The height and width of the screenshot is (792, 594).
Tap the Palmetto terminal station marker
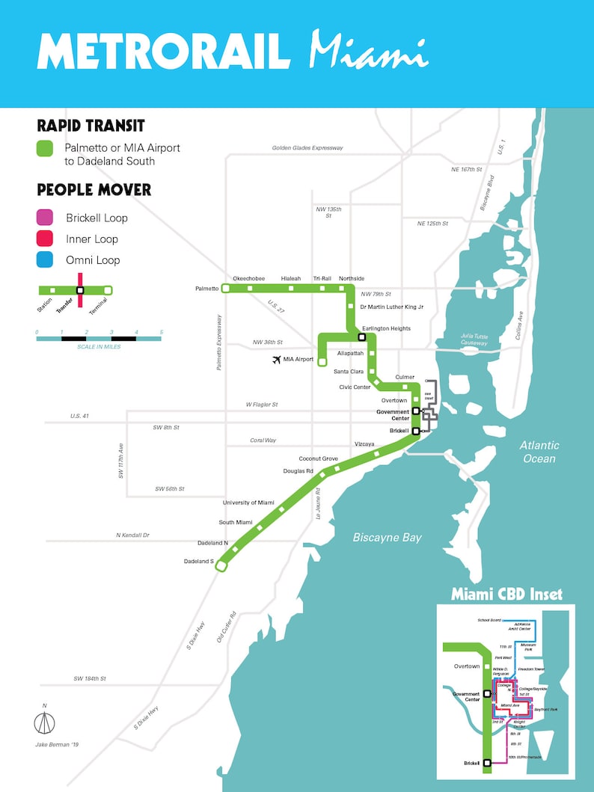[x=224, y=288]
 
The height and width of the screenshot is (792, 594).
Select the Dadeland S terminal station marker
[x=221, y=567]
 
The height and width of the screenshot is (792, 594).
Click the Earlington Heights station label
[x=386, y=328]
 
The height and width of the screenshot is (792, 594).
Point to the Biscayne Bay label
[x=387, y=537]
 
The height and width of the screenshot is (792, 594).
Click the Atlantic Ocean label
[x=539, y=452]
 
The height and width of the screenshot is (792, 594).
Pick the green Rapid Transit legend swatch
[x=46, y=149]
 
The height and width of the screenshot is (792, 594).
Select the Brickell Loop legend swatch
[x=46, y=218]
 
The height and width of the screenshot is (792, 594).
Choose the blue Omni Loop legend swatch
[x=46, y=260]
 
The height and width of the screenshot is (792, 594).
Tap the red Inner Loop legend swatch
[x=46, y=239]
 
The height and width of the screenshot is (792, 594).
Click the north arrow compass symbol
[x=44, y=722]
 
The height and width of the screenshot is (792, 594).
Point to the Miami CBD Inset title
[x=506, y=595]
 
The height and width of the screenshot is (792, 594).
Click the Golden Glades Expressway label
[x=307, y=148]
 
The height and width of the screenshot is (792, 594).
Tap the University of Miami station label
[x=248, y=503]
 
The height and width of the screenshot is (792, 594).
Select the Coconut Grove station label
[x=319, y=458]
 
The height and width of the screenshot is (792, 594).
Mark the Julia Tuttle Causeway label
[x=474, y=340]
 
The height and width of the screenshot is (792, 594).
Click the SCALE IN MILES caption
[x=98, y=347]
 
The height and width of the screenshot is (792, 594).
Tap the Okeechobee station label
[x=248, y=278]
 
